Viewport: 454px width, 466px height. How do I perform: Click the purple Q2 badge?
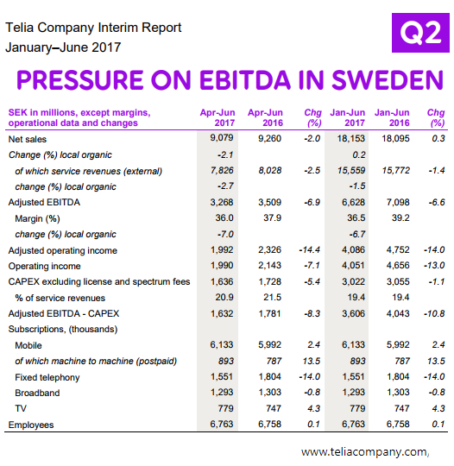420,33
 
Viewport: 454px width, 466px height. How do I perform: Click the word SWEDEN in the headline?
388,79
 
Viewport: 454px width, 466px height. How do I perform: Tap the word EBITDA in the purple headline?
244,79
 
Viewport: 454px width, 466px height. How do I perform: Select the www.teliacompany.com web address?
364,452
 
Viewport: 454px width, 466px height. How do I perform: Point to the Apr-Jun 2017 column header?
218,117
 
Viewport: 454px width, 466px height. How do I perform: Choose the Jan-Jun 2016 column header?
392,117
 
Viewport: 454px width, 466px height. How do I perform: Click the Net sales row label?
28,139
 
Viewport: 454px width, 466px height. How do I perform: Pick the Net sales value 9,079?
222,137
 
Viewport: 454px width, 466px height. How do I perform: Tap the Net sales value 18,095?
395,138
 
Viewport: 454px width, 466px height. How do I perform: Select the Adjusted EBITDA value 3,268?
222,202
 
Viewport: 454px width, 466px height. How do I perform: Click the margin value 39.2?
400,217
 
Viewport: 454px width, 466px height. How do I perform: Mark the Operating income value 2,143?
269,265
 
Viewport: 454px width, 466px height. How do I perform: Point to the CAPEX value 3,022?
353,281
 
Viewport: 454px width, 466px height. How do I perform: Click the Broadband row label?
37,393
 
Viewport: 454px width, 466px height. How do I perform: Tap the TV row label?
21,409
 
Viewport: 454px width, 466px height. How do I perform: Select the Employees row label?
31,425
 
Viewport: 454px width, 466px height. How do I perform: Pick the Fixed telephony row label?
47,377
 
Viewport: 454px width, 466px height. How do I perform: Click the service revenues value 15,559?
351,170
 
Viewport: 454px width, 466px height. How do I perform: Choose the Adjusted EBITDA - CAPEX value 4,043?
398,313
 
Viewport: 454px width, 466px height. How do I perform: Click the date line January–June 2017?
63,47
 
